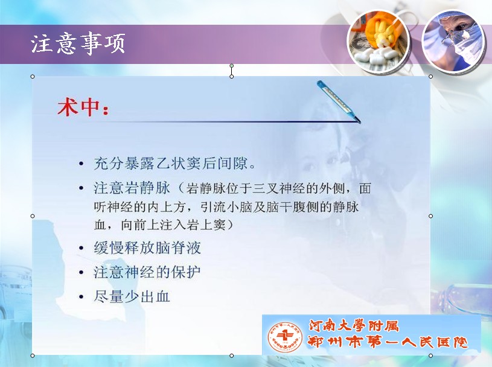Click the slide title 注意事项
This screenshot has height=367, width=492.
78,43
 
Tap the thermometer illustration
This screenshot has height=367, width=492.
339,101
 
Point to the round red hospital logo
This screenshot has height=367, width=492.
285,337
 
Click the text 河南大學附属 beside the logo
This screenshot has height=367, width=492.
354,326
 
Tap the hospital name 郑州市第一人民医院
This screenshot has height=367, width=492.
388,342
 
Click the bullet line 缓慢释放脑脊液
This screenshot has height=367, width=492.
147,248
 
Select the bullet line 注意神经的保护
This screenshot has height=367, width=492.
147,272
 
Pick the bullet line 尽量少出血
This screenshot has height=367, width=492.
132,296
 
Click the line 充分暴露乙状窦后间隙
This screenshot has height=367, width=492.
174,164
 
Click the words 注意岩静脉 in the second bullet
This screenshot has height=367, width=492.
132,188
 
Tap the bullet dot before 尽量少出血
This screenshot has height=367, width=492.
81,297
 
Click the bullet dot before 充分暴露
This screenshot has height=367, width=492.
81,164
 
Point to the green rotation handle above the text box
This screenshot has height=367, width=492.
232,66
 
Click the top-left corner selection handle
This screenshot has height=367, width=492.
33,77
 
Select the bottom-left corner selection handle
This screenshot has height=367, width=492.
33,356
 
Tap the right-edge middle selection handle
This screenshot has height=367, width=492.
430,216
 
